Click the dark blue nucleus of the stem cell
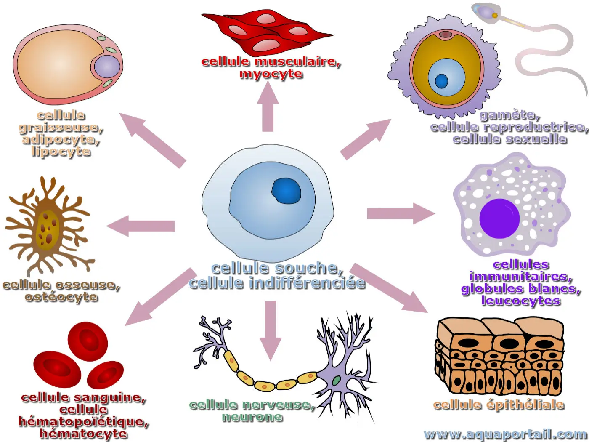click(x=287, y=190)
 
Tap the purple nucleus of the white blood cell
click(x=499, y=218)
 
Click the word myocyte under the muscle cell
click(x=271, y=74)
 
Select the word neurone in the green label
click(x=252, y=417)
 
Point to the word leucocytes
click(x=521, y=301)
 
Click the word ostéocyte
click(x=61, y=297)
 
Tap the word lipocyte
click(x=61, y=151)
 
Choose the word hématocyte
click(x=83, y=434)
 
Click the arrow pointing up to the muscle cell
click(x=268, y=107)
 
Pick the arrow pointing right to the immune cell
click(x=400, y=213)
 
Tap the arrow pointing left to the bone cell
click(x=141, y=226)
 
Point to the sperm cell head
click(x=487, y=12)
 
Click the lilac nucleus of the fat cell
click(x=107, y=66)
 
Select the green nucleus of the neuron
click(x=337, y=381)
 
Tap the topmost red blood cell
click(x=88, y=341)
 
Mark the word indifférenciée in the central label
click(x=307, y=283)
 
